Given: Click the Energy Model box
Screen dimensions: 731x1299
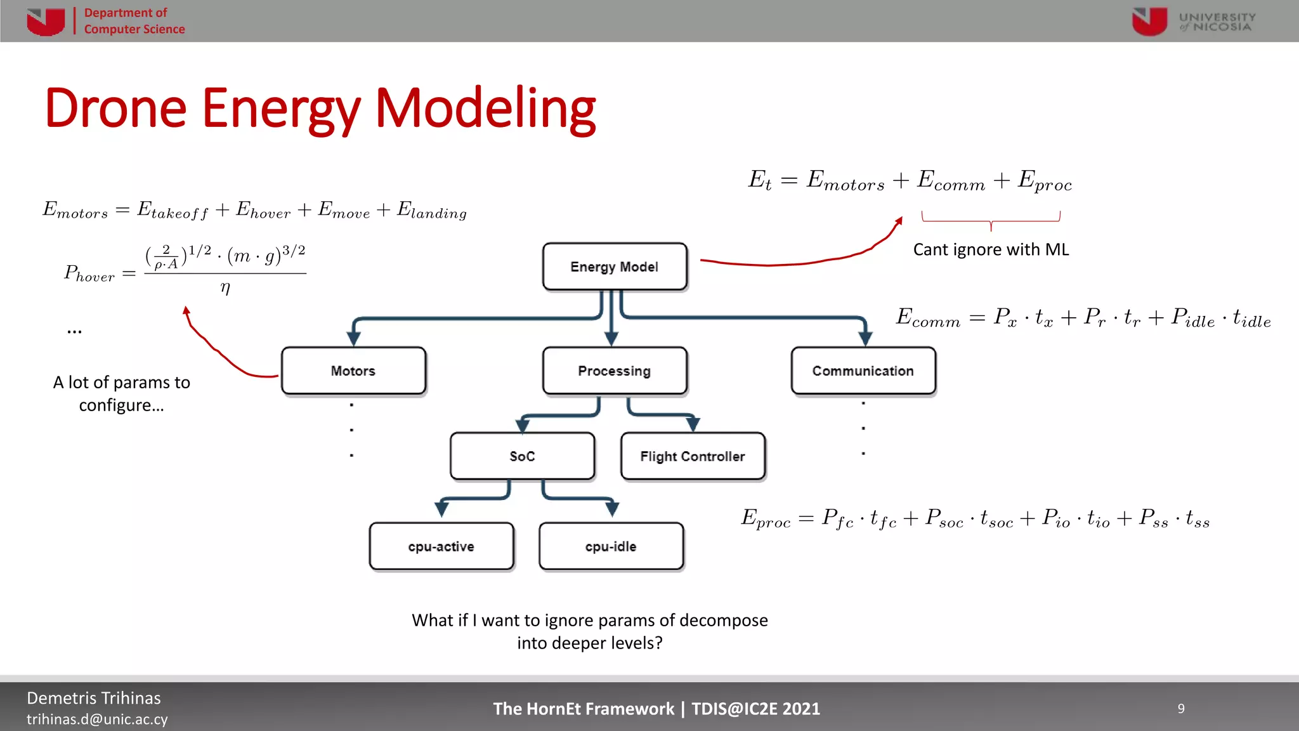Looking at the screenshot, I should [614, 267].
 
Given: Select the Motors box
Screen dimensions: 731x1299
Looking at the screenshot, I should [353, 371].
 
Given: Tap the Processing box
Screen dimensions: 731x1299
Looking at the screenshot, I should [614, 371].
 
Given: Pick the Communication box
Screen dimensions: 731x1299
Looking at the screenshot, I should [863, 371].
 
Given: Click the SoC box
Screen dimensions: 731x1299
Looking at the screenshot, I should [522, 456].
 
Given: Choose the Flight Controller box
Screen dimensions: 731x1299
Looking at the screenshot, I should [693, 456].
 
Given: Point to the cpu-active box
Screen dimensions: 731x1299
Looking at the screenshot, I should [441, 546].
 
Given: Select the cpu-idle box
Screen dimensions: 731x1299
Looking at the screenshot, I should [611, 546].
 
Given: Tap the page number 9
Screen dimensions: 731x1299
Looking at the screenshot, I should [1181, 708].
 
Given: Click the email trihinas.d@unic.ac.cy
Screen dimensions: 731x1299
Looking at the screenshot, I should [97, 719].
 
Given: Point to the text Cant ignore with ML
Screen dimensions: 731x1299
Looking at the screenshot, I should [991, 249].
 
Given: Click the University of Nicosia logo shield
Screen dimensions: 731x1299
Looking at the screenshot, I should [1149, 21].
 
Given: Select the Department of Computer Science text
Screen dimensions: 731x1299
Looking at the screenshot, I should [134, 21].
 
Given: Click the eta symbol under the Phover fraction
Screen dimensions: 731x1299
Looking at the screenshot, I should [225, 288].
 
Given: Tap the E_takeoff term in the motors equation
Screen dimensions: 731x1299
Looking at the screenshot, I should [173, 210].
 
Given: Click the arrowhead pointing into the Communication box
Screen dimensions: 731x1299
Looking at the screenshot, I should [865, 338].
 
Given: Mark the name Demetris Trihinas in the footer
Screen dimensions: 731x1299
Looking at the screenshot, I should [94, 698].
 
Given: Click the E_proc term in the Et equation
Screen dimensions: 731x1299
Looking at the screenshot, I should [1045, 181].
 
